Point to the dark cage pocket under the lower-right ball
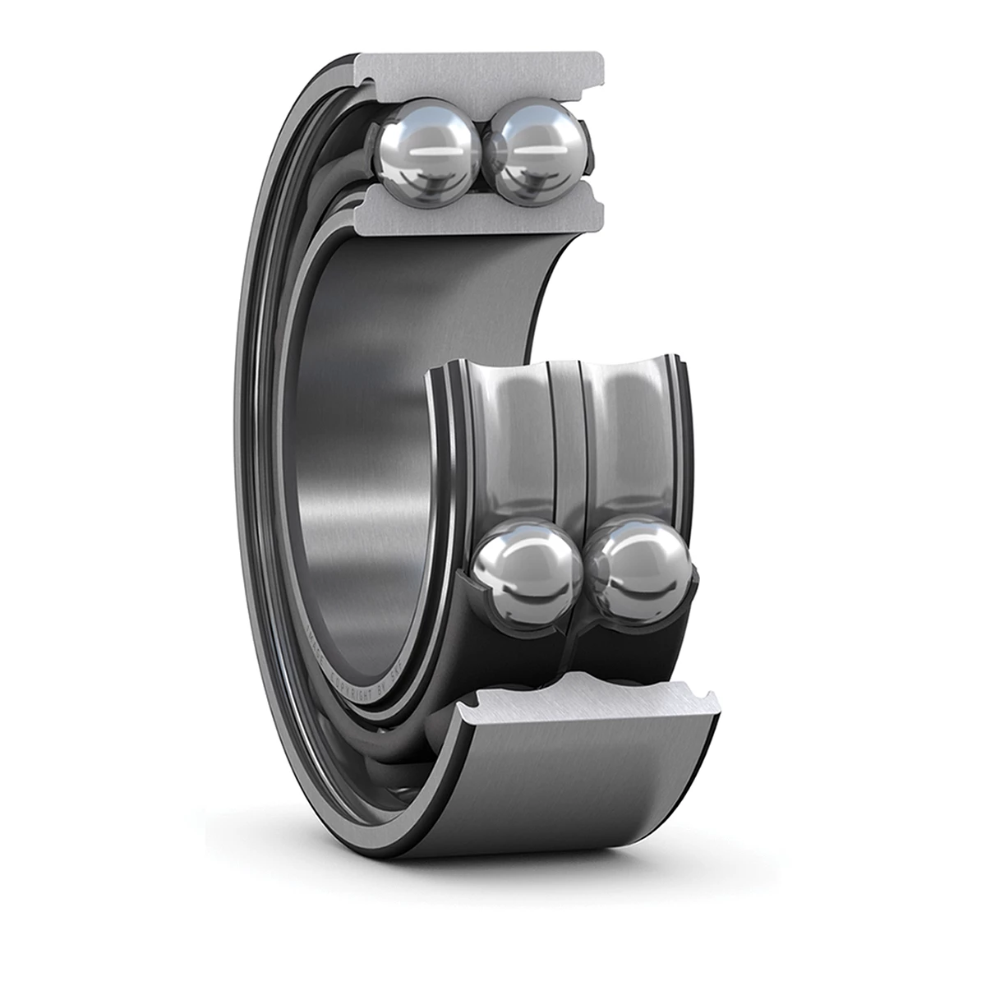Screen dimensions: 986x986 [633, 633]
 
